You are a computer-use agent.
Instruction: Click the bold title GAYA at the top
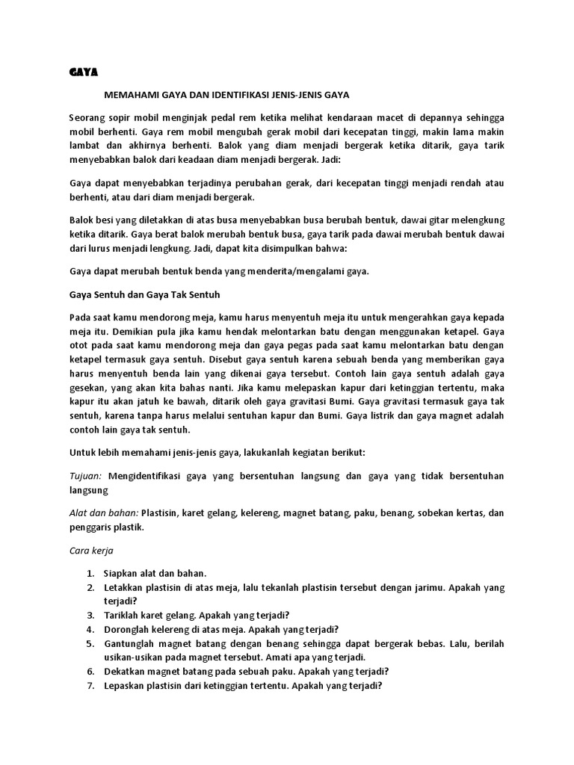(84, 72)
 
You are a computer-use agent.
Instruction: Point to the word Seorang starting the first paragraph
(86, 117)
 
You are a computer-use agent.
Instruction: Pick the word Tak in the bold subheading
(179, 294)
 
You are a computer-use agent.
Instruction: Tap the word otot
(79, 345)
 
